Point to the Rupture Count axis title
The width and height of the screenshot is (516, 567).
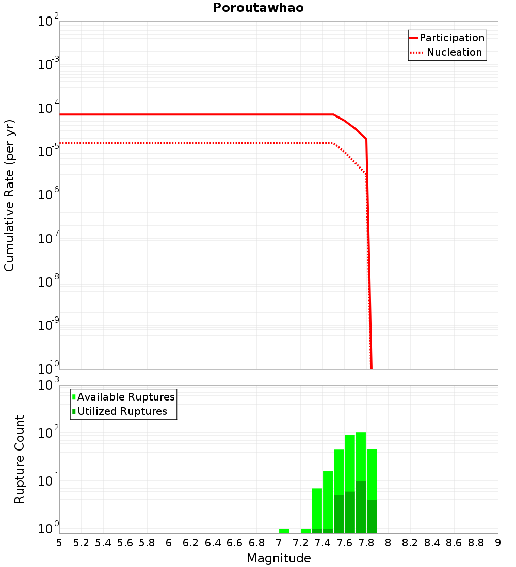pyautogui.click(x=20, y=459)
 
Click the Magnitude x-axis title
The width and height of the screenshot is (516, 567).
pyautogui.click(x=279, y=558)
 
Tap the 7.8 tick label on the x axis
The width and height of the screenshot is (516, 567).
pyautogui.click(x=366, y=543)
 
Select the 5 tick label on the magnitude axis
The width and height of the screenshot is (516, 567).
pyautogui.click(x=59, y=543)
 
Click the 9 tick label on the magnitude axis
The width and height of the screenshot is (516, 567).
pyautogui.click(x=497, y=543)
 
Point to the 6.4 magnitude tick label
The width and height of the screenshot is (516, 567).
pyautogui.click(x=213, y=543)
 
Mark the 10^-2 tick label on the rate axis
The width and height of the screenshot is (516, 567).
pyautogui.click(x=49, y=22)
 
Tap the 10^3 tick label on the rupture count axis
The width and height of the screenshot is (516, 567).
pyautogui.click(x=50, y=385)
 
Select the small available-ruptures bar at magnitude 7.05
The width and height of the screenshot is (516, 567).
pyautogui.click(x=284, y=531)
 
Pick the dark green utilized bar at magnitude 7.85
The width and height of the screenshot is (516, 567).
pyautogui.click(x=372, y=516)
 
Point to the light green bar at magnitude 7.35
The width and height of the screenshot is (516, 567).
pyautogui.click(x=317, y=508)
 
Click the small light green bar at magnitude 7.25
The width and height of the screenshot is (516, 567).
pyautogui.click(x=306, y=531)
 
